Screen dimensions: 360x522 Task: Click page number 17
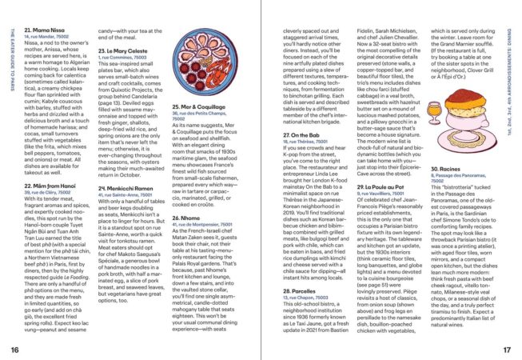506,350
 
